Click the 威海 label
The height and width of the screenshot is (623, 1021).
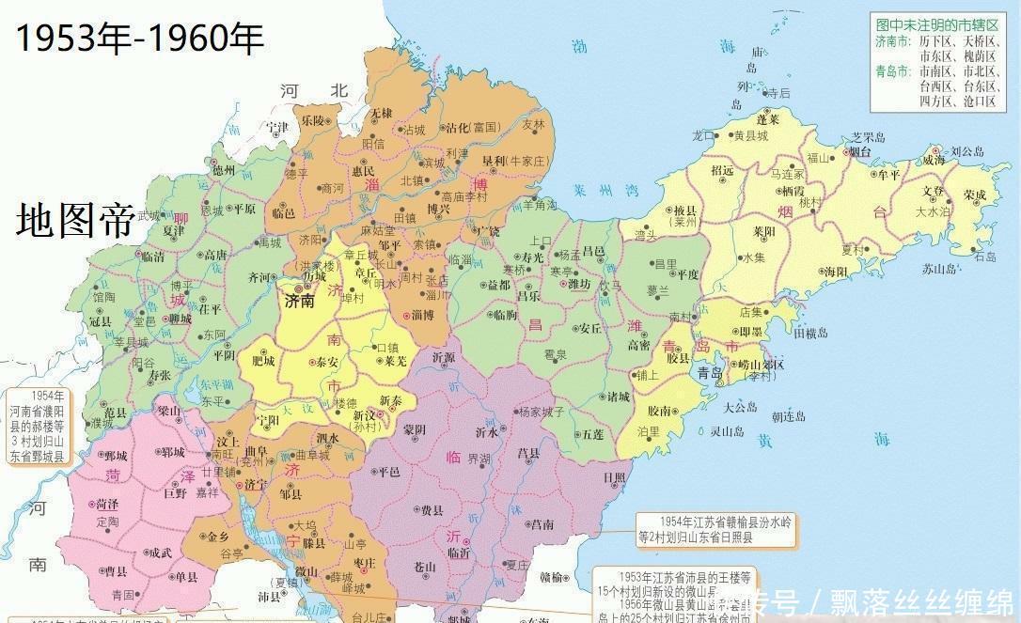tap(933, 161)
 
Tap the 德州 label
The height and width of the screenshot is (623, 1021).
tap(223, 170)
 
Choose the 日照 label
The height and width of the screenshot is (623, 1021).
tap(615, 477)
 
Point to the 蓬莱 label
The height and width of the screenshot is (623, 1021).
tap(768, 120)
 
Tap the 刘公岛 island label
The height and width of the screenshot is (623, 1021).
tap(966, 150)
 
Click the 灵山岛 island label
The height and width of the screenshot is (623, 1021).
tap(728, 431)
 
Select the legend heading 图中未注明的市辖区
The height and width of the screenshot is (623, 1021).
tap(935, 24)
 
